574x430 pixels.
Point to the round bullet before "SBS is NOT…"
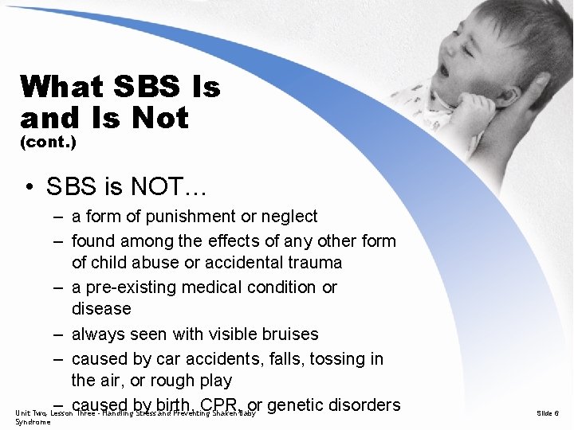29,187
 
